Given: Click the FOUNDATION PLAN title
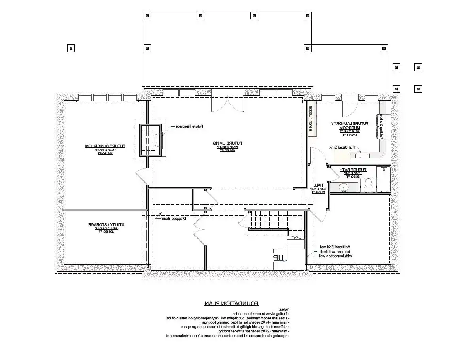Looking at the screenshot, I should click(232, 303).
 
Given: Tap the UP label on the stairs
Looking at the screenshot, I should click(278, 257).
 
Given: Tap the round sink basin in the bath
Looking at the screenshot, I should click(344, 187).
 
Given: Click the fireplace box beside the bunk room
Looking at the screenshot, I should click(150, 140).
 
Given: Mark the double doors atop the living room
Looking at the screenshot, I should click(227, 102).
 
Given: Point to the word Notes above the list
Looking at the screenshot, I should click(284, 309).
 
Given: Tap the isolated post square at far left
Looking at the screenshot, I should click(71, 48).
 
